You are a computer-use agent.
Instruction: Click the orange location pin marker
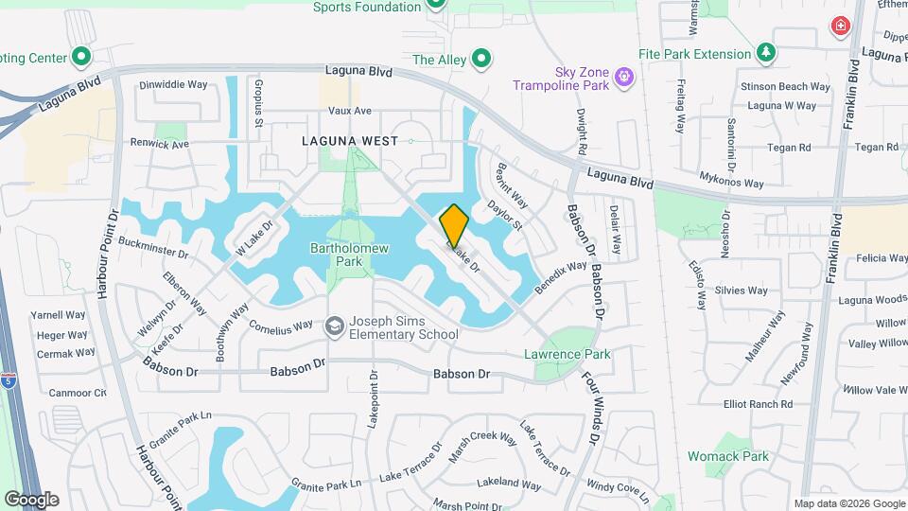click(x=454, y=225)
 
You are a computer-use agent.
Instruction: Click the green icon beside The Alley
click(x=481, y=61)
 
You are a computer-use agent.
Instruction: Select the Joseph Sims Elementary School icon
click(x=334, y=327)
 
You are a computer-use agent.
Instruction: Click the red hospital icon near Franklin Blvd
click(x=838, y=26)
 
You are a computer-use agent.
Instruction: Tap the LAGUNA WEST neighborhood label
click(x=342, y=140)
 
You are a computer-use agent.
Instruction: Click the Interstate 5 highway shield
click(x=9, y=380)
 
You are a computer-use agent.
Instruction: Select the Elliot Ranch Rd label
click(x=758, y=404)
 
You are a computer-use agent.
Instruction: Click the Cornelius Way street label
click(x=280, y=322)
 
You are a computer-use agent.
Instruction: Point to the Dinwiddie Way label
click(x=173, y=84)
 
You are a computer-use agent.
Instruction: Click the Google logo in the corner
click(x=31, y=499)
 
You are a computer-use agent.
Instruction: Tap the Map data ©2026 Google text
click(x=848, y=503)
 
